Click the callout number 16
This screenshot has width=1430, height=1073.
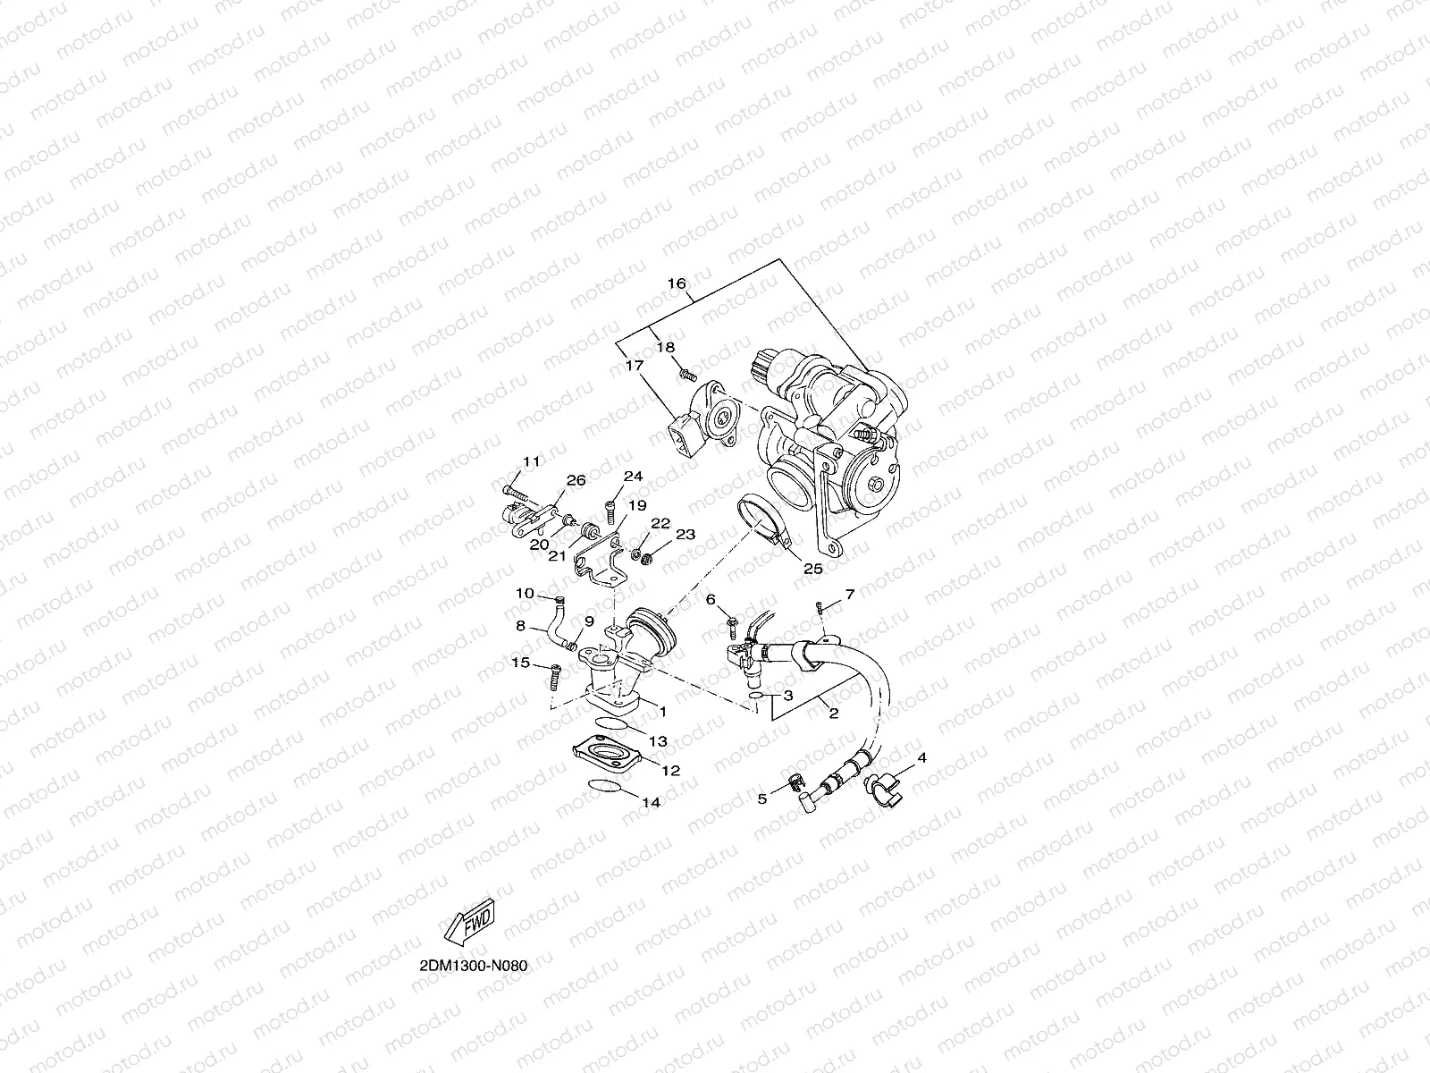click(x=677, y=283)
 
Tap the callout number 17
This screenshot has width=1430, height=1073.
click(x=634, y=365)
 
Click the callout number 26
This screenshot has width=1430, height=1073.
click(x=576, y=480)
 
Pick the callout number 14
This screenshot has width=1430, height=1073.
click(x=652, y=803)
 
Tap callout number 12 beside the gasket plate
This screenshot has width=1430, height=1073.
click(x=671, y=770)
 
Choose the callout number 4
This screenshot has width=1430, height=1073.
click(x=921, y=757)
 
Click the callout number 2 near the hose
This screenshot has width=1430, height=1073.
click(x=832, y=714)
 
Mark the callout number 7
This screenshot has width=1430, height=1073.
click(x=849, y=595)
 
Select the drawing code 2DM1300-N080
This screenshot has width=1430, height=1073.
click(x=467, y=967)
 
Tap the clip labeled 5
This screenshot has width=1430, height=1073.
click(x=791, y=784)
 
